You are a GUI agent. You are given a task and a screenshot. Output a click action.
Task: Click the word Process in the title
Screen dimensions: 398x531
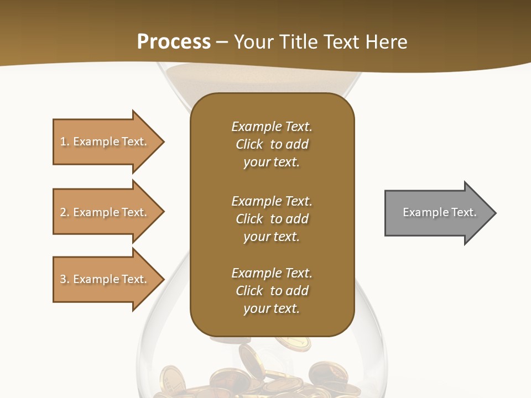point(174,41)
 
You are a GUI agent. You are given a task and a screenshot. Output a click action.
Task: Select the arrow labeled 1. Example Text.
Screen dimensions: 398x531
point(105,142)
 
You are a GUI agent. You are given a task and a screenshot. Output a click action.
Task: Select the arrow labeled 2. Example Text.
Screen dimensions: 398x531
point(105,212)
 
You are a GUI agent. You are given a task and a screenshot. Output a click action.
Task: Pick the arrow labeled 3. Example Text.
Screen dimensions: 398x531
point(105,279)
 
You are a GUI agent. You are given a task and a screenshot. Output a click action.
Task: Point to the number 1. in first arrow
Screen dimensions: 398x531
point(65,142)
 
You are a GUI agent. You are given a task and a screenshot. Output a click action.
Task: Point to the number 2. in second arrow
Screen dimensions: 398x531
point(65,212)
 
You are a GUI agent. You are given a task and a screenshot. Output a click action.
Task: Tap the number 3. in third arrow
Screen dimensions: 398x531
point(65,279)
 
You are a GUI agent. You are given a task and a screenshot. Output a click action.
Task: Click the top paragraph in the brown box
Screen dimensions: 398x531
point(272,144)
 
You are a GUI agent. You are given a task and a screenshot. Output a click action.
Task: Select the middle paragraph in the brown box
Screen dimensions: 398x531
point(272,219)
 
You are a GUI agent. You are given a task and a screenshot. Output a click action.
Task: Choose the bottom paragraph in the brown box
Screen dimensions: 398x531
point(272,291)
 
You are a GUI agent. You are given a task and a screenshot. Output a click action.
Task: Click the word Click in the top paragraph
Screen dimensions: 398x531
point(249,144)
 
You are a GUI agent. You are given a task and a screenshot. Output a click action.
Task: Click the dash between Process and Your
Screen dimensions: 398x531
point(222,42)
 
